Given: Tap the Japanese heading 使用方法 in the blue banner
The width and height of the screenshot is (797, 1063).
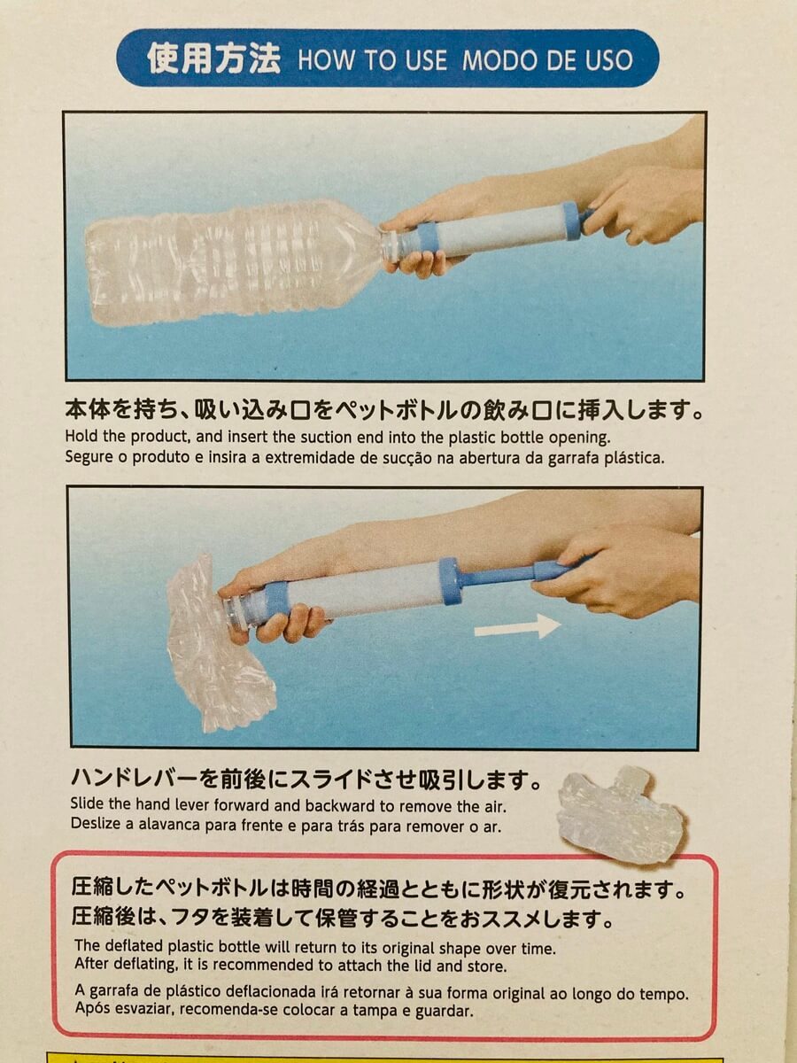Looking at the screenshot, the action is point(213,58).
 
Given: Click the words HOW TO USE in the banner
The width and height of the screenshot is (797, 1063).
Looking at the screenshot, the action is point(373,60).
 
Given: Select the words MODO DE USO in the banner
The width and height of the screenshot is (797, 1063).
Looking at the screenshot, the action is point(547,60).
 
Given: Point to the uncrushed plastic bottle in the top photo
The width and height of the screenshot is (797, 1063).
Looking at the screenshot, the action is point(232,262).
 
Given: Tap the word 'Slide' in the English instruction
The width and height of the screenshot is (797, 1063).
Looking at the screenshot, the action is point(87,804).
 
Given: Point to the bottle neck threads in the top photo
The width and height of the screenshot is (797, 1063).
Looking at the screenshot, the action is point(393,248).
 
